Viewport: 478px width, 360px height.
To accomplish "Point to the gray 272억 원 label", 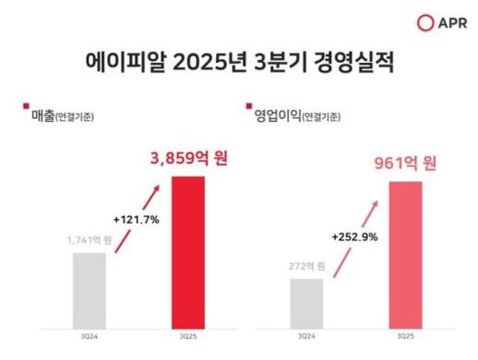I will (305, 266).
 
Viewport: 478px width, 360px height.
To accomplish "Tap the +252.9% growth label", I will (354, 237).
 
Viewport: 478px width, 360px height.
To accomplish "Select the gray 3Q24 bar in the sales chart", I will (89, 288).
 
